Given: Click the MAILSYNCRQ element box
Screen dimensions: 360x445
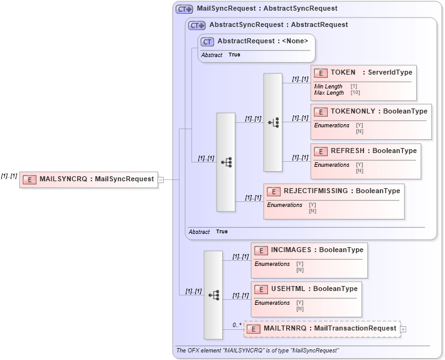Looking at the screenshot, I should coord(88,179).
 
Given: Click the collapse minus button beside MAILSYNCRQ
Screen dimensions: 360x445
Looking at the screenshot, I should coord(161,179).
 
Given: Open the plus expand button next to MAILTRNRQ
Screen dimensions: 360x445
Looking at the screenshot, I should coord(403,329).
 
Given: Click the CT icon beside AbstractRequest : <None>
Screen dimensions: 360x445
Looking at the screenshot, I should coord(207,41).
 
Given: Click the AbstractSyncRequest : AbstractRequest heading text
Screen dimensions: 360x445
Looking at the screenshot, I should coord(278,25).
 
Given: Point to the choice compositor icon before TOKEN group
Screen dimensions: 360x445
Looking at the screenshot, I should coord(273,122).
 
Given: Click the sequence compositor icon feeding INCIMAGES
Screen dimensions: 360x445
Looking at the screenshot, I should coord(213,295).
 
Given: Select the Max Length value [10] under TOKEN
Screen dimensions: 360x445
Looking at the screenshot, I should coord(355,93).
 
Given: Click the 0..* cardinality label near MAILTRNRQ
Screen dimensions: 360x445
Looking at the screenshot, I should coord(237,325).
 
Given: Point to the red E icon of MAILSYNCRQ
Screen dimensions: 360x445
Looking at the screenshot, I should coord(29,179).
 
